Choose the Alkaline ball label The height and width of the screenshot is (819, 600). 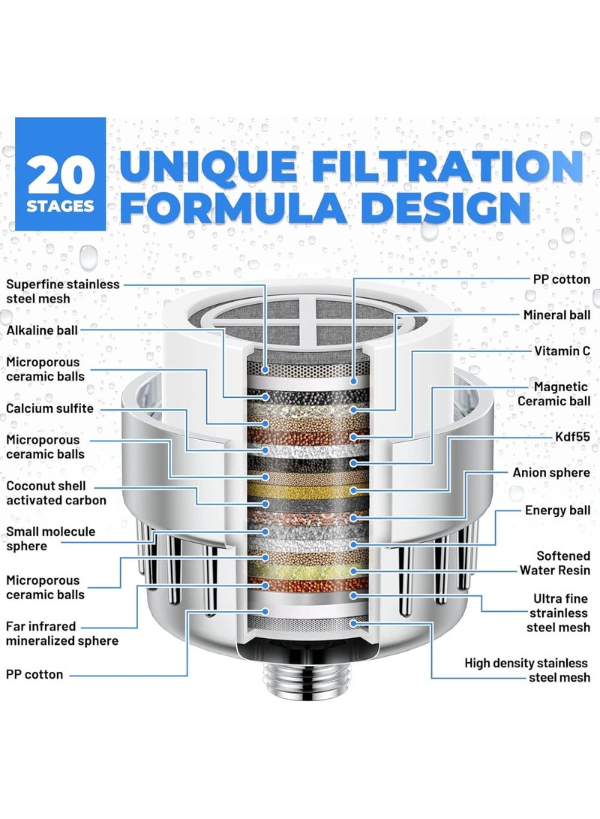[42, 330]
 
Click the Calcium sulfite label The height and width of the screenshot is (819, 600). [50, 408]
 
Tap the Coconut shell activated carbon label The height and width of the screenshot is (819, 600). [56, 492]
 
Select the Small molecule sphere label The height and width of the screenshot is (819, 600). [51, 538]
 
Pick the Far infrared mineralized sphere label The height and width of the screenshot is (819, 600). [62, 633]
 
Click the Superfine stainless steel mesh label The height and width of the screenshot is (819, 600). [63, 291]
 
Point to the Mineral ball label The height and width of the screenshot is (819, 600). [556, 315]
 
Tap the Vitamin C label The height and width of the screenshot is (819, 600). [562, 351]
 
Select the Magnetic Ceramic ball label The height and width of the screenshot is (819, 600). [554, 393]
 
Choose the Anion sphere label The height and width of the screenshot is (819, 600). [551, 473]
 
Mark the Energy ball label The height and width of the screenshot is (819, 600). [558, 510]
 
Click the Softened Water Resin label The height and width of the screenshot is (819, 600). [556, 563]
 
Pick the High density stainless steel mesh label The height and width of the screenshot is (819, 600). [527, 670]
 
